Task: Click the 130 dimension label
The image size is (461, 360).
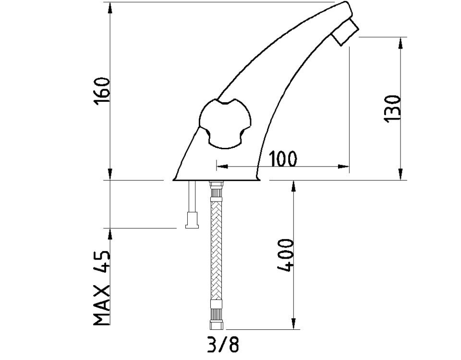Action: point(392,108)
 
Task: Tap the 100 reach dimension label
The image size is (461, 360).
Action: point(283,159)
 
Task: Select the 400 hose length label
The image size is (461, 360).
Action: point(285,255)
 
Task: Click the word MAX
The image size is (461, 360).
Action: point(102,305)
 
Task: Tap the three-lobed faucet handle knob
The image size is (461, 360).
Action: point(225,124)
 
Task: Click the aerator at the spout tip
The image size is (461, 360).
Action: point(345,32)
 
